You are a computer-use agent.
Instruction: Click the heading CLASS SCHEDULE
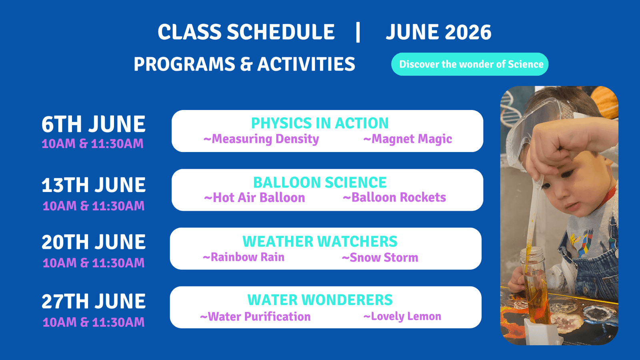(246, 32)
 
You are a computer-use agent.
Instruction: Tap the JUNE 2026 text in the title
(438, 32)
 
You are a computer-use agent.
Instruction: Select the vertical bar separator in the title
(358, 32)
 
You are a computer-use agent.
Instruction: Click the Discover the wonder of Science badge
(470, 64)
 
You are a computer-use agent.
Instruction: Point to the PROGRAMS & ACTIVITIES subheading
(244, 64)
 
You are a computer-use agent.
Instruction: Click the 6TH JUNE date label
(94, 124)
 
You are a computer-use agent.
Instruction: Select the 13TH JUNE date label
(94, 185)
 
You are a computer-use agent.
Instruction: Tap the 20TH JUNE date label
(94, 242)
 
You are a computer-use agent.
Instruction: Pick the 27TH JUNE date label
(94, 301)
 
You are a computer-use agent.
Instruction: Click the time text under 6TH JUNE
(92, 144)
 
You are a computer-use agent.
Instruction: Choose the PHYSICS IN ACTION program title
(320, 123)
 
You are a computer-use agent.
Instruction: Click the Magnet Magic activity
(408, 139)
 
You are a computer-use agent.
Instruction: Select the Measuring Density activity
(261, 139)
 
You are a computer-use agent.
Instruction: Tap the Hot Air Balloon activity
(254, 198)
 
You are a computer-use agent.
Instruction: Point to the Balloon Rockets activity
(394, 197)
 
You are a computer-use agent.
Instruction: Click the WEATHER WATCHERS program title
(320, 242)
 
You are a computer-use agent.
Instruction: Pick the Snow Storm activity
(380, 258)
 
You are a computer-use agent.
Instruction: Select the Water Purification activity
(255, 316)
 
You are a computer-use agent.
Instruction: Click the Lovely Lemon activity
(402, 316)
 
